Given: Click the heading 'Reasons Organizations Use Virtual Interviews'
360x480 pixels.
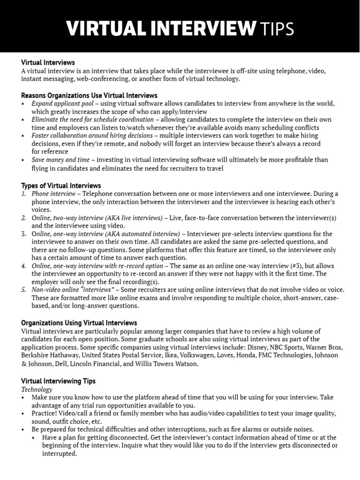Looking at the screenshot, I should [x=89, y=96].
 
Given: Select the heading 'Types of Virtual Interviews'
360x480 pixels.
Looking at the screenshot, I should [x=61, y=186].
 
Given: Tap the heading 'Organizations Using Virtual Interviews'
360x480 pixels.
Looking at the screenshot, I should [x=79, y=323].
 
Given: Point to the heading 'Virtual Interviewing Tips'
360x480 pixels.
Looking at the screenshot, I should [x=59, y=381].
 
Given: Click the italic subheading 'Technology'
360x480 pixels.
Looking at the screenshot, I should [x=37, y=390].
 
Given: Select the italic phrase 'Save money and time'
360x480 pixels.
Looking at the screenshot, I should [x=60, y=160].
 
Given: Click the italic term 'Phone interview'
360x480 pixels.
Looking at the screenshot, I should [x=53, y=194].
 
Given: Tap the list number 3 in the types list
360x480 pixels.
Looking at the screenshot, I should [x=24, y=233].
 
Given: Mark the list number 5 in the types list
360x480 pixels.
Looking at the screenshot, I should [x=24, y=290].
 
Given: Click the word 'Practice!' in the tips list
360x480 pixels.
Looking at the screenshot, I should [x=45, y=413].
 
